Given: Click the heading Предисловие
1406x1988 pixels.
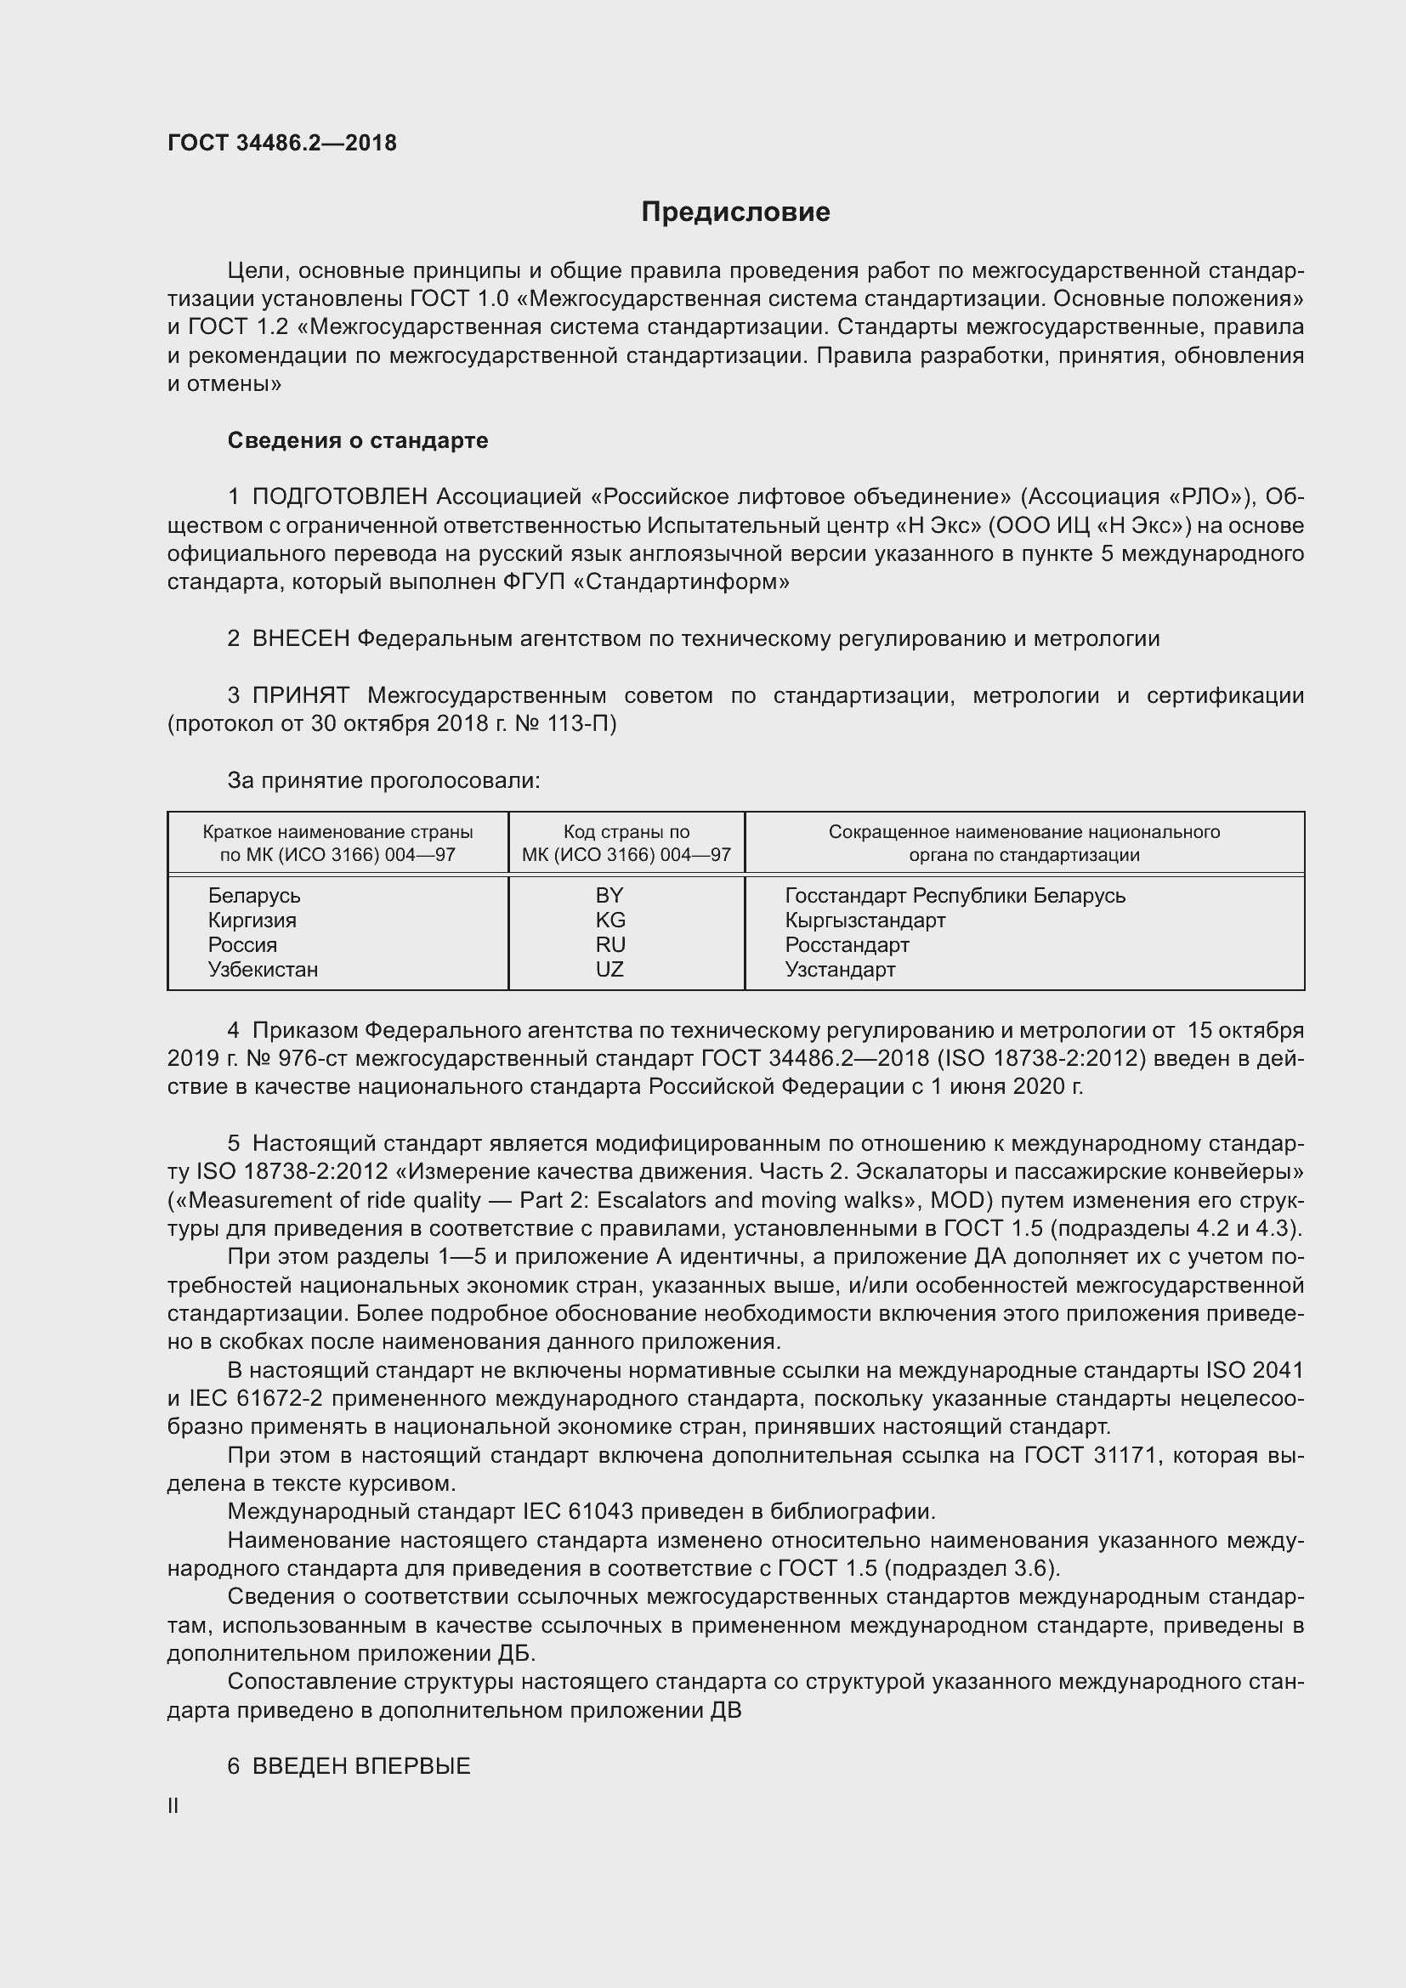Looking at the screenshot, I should pos(735,212).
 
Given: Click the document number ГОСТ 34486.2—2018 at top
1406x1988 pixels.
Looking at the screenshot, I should pos(281,143).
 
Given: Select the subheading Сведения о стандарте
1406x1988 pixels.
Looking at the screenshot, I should pos(358,441).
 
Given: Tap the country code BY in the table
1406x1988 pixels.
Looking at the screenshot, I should pos(609,895).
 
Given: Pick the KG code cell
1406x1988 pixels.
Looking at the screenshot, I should pos(609,920).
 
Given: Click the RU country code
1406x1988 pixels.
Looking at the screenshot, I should pos(609,944).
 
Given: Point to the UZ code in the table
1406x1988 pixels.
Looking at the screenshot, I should pos(609,969).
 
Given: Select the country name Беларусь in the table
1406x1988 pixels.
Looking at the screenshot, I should pos(253,895).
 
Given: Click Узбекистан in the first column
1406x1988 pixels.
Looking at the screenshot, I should pos(263,969).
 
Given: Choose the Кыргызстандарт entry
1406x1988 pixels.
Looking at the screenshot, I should pos(865,920).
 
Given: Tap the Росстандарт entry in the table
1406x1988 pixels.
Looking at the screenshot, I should pos(847,944).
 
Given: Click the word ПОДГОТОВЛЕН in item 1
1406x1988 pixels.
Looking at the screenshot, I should pos(339,497).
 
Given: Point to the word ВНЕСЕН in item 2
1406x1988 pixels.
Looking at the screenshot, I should pos(300,639).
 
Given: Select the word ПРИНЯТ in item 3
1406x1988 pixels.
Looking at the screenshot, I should pos(300,695).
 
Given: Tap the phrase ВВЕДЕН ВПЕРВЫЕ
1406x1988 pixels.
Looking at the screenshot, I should pos(361,1766).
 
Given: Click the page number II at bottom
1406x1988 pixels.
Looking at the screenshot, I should pos(173,1806).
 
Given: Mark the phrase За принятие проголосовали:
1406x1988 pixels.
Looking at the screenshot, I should pos(383,781).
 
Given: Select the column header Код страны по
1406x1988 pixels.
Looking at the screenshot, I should pos(626,832).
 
